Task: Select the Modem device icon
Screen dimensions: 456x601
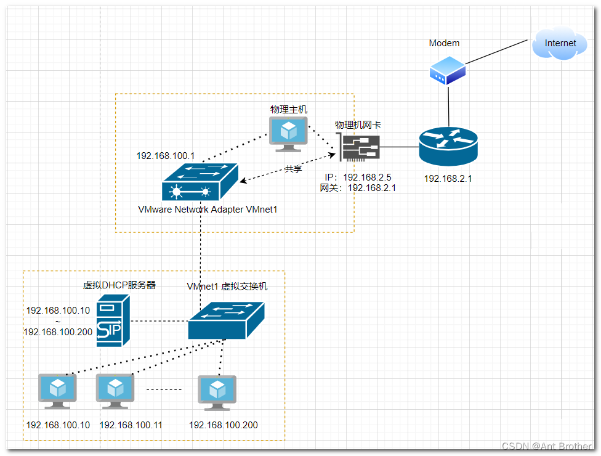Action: [447, 70]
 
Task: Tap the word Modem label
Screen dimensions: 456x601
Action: [444, 43]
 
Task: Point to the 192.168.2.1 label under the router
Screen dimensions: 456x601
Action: [448, 179]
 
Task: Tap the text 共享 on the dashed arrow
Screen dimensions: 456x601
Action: [293, 169]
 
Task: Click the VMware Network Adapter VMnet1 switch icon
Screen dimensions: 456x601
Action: [200, 182]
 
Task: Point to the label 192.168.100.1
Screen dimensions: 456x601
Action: [166, 156]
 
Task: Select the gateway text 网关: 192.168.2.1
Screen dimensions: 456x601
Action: [357, 188]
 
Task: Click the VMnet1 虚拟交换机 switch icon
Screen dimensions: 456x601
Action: [226, 320]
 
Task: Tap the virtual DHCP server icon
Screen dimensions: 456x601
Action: [113, 321]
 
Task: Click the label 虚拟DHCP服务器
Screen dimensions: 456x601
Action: [119, 285]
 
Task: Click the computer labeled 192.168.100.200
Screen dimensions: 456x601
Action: [217, 393]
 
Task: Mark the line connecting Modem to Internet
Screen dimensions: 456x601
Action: [496, 52]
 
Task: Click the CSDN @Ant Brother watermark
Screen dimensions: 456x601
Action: [546, 446]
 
